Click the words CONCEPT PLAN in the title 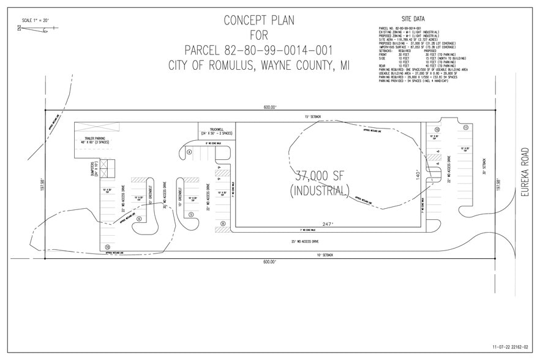click(258, 20)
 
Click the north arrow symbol click(20, 27)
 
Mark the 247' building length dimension click(328, 224)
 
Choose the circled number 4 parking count click(190, 151)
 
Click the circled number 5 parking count click(191, 214)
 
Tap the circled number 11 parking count click(466, 127)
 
